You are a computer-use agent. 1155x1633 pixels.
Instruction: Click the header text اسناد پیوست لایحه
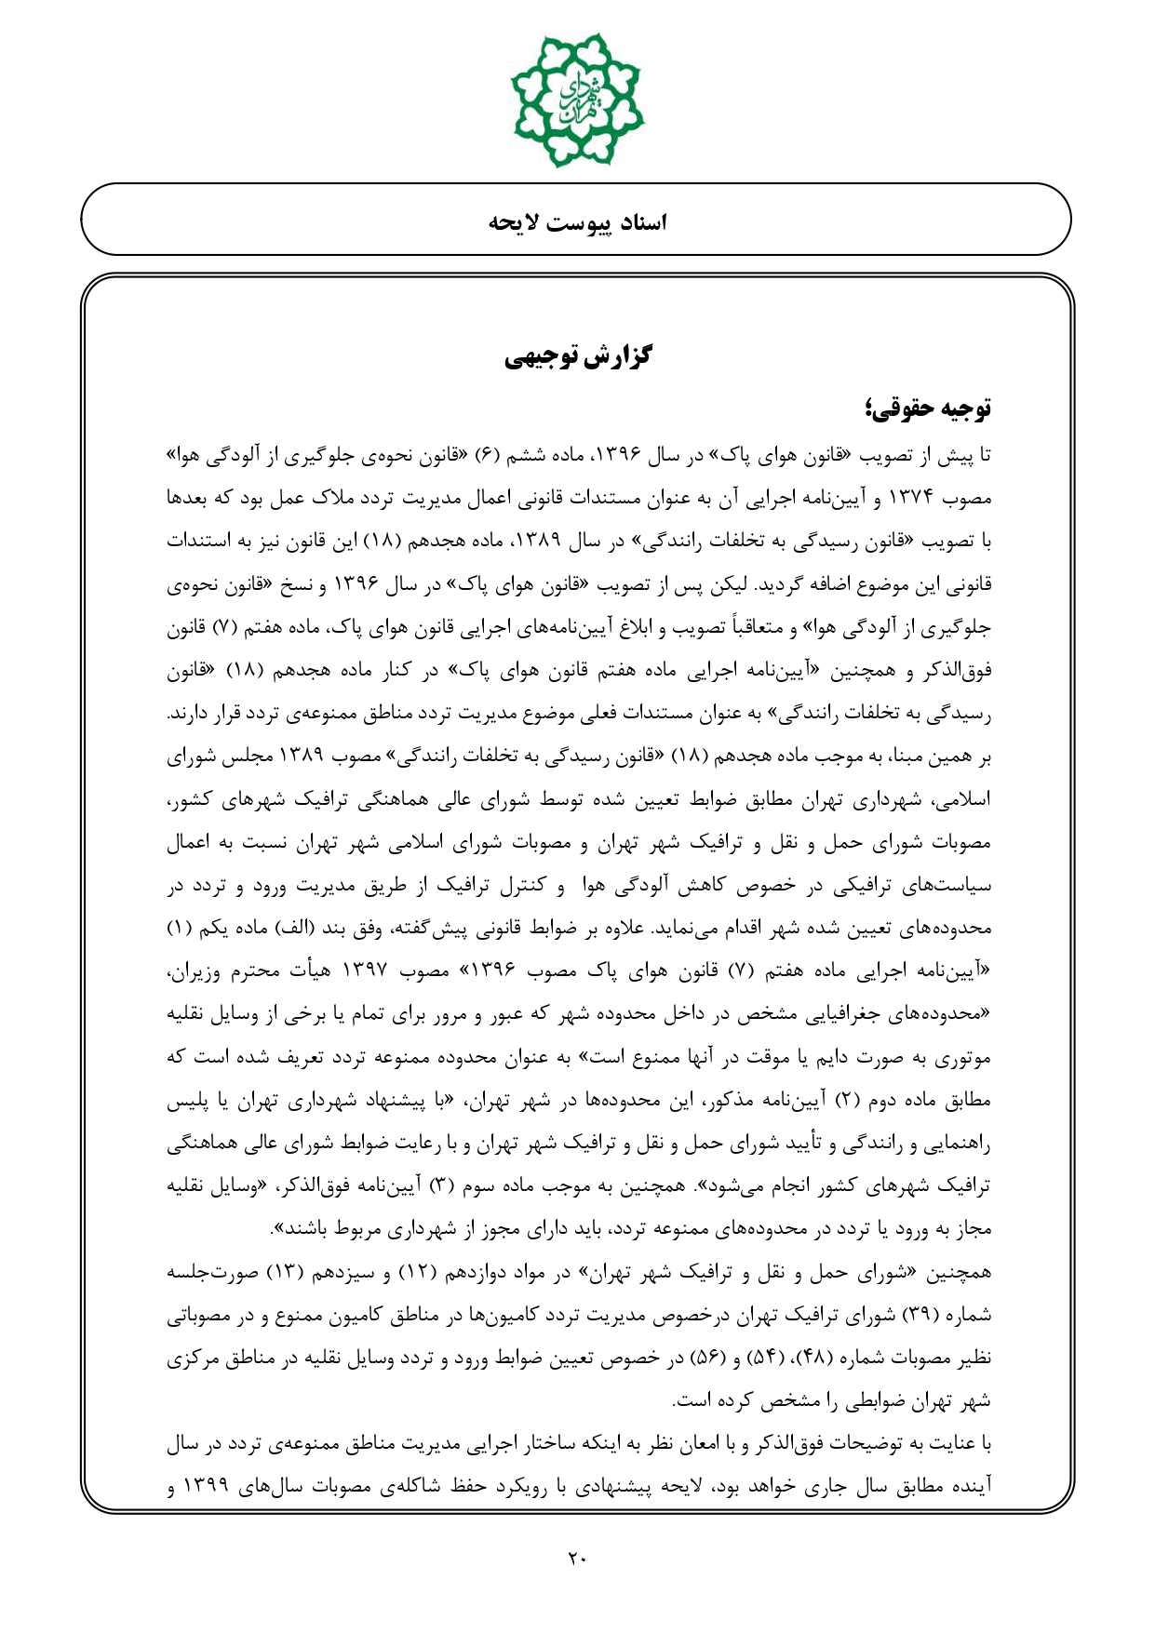coord(578,222)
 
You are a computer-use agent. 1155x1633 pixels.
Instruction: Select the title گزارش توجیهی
coord(578,355)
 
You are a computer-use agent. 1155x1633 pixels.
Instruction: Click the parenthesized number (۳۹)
coord(914,1316)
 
